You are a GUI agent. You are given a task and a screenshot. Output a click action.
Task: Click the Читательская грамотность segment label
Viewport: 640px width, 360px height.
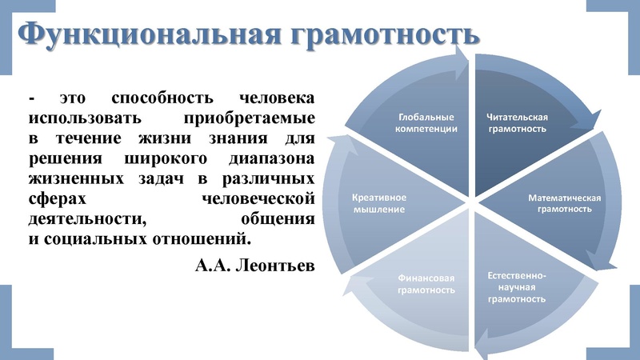point(517,122)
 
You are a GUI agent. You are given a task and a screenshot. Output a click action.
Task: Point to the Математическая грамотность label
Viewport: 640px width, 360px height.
point(564,203)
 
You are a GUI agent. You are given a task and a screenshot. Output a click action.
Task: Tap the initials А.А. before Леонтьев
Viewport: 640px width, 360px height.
point(210,264)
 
